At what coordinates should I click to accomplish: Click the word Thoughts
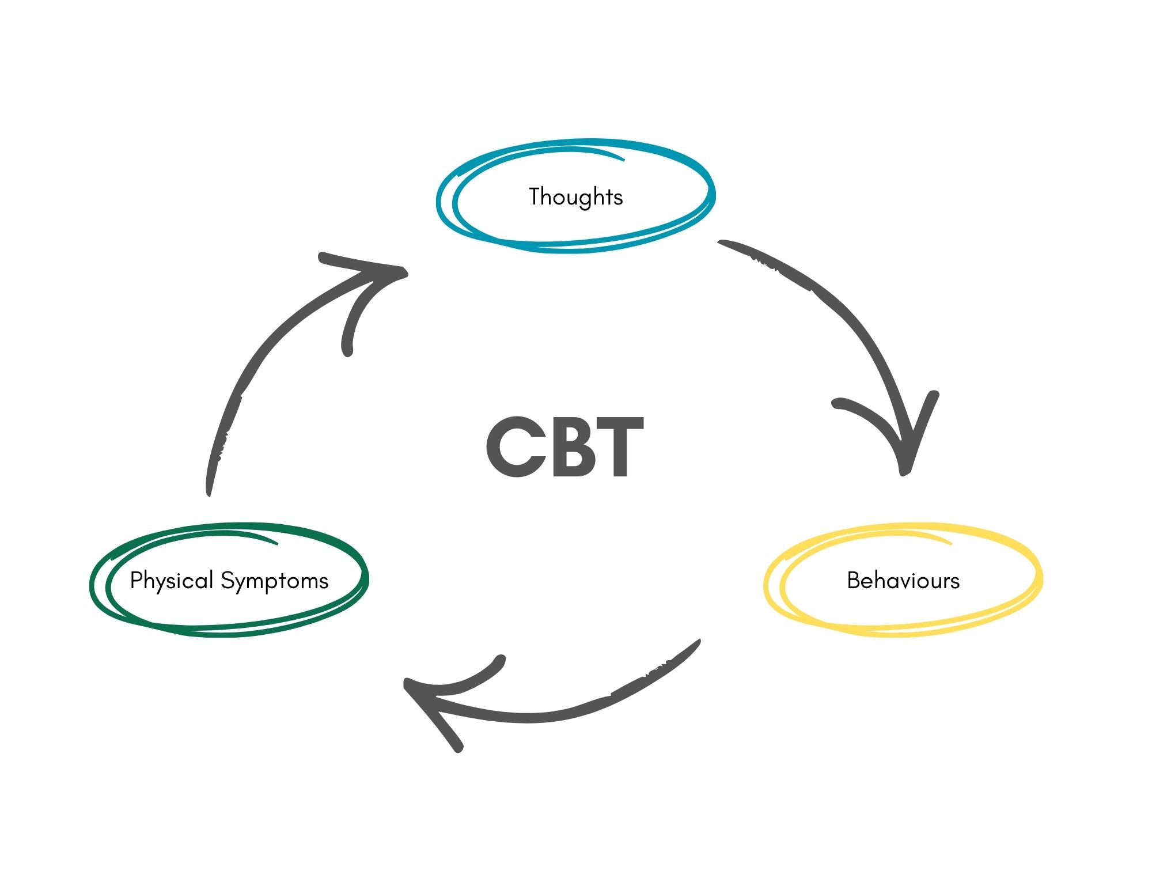pyautogui.click(x=575, y=197)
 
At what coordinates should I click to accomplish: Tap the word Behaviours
pyautogui.click(x=903, y=580)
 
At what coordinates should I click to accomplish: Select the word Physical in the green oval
pyautogui.click(x=171, y=581)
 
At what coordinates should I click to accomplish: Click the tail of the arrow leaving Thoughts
pyautogui.click(x=723, y=243)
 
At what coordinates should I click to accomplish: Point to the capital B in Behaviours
pyautogui.click(x=853, y=580)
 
